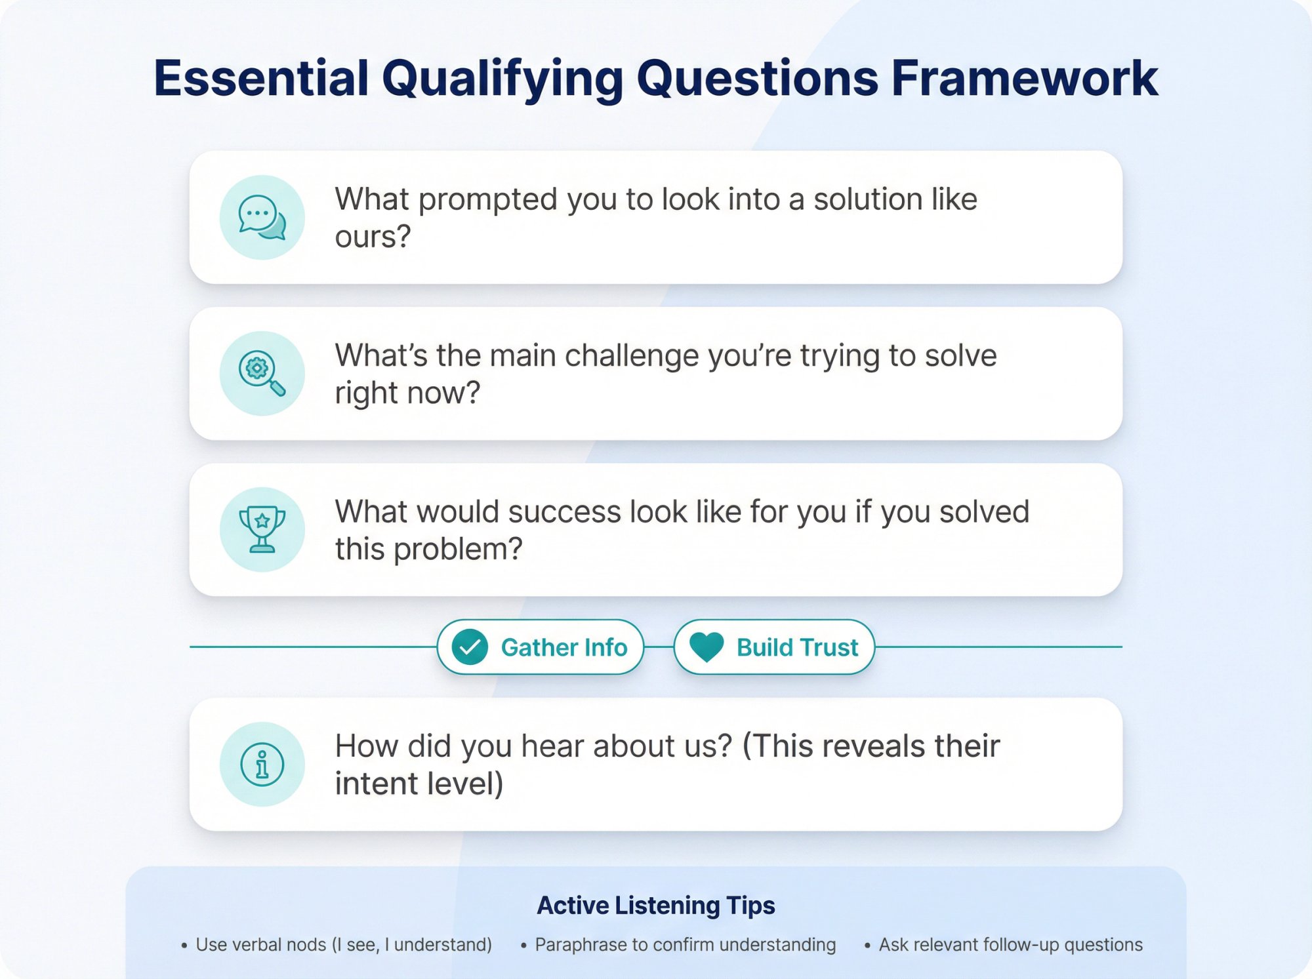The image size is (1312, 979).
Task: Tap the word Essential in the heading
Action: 261,79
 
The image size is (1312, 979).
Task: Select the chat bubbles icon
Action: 262,218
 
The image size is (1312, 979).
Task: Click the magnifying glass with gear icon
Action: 262,374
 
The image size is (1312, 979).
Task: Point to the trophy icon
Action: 262,530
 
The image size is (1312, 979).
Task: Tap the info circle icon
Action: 262,765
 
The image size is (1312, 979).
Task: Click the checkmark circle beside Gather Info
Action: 470,647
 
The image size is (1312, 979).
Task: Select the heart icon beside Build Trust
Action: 707,647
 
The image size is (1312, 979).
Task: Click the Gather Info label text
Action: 564,648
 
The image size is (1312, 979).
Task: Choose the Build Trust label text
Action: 797,648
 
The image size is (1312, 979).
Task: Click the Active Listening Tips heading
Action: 656,906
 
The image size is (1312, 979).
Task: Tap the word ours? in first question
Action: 373,237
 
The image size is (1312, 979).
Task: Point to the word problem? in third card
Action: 457,549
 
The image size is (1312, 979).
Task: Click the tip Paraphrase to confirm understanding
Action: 685,945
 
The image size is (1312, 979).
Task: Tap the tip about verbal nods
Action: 343,945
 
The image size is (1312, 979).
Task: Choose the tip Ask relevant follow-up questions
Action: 1010,945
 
